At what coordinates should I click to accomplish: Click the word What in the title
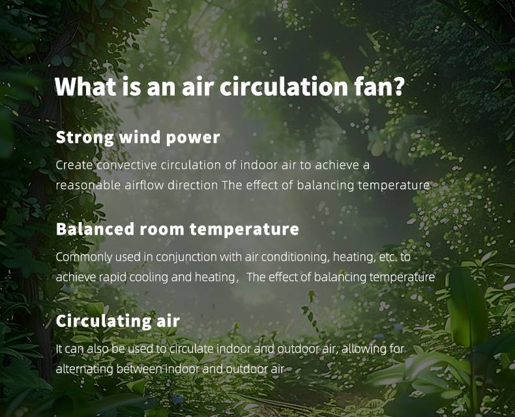point(85,87)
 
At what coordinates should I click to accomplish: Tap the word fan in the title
point(372,87)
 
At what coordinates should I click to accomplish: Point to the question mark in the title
point(398,87)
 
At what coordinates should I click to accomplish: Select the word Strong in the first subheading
point(85,138)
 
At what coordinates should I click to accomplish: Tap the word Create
point(74,165)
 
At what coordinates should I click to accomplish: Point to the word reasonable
point(88,185)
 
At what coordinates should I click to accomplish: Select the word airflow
point(144,185)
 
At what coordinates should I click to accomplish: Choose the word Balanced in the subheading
point(95,229)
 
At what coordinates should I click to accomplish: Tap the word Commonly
point(83,257)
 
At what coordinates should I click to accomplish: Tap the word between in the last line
point(140,369)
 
